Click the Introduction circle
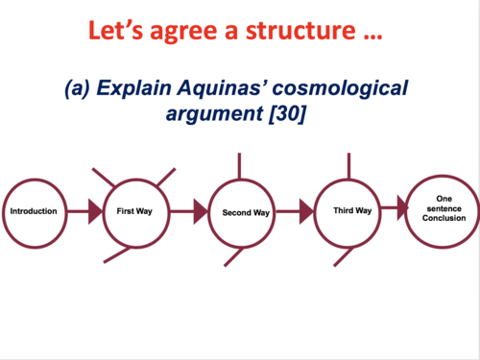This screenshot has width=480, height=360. coord(34,211)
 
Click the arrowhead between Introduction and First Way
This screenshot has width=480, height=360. coord(95,211)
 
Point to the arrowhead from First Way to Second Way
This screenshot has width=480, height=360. coord(201,211)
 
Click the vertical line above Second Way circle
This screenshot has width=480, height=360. coord(239,164)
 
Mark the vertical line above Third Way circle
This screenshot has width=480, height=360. coord(348,164)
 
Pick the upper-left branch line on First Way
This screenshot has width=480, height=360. coord(105,178)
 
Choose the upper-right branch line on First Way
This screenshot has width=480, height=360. coord(166,177)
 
